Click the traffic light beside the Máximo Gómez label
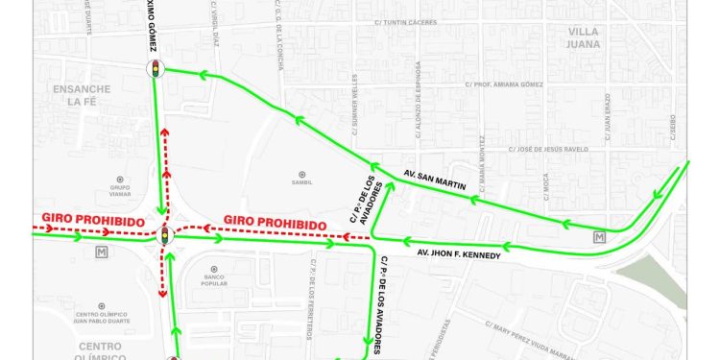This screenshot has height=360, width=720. (155, 68)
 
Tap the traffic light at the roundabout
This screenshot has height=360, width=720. (164, 234)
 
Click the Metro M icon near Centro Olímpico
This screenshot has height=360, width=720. (101, 252)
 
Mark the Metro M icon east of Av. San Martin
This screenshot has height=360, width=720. (600, 237)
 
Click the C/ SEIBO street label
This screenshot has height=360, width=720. (672, 126)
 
